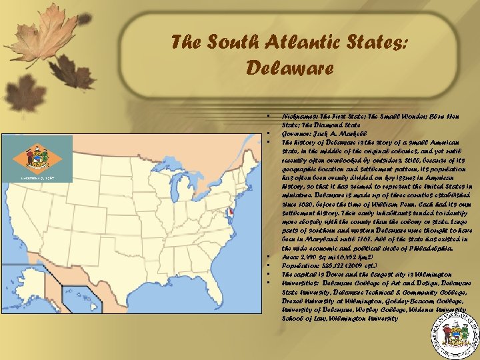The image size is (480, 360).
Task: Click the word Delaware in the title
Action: coord(289,67)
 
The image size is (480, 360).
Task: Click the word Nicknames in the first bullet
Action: coord(299,117)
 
